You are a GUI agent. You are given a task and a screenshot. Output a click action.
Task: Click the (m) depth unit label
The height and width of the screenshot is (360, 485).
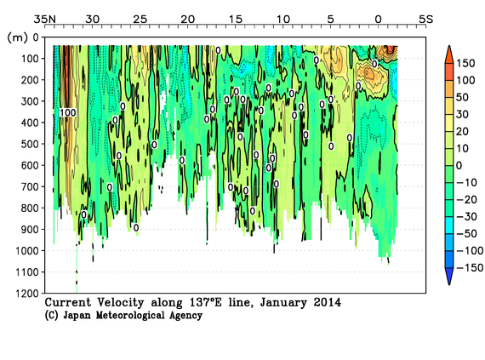pyautogui.click(x=15, y=37)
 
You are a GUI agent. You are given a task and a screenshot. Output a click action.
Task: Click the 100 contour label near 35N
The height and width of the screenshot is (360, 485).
pyautogui.click(x=68, y=112)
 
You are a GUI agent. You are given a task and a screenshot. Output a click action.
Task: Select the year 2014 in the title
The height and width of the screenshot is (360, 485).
pyautogui.click(x=327, y=302)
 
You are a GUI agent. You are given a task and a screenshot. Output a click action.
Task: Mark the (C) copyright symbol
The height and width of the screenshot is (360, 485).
pyautogui.click(x=52, y=316)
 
